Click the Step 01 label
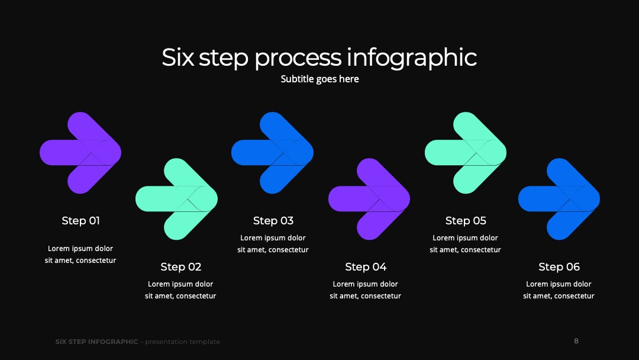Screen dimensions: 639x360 [x=80, y=221]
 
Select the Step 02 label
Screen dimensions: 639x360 [x=181, y=266]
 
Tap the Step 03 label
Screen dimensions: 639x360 [x=273, y=221]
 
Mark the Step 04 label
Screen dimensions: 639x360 [x=366, y=266]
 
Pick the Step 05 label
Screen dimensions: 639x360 [x=466, y=221]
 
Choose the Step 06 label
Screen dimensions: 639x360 [x=559, y=266]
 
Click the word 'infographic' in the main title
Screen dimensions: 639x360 [x=412, y=57]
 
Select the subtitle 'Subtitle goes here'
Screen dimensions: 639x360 [x=320, y=79]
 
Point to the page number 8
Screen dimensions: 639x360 [x=576, y=341]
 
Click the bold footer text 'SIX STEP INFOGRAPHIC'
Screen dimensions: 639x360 [x=96, y=342]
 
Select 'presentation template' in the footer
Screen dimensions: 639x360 [x=183, y=342]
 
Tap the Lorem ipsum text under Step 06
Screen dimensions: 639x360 [x=559, y=290]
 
